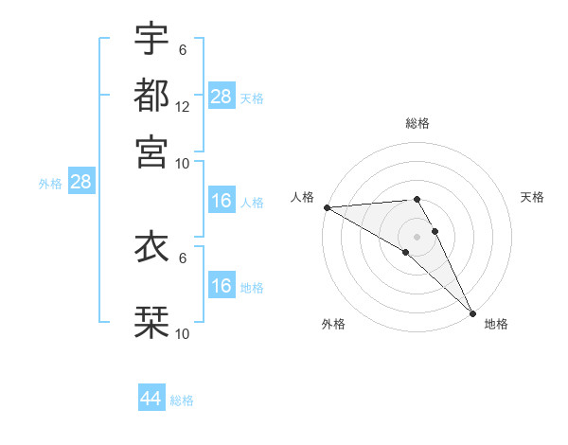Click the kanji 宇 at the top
[x=152, y=39]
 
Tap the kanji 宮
[x=152, y=151]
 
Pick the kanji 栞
[x=152, y=320]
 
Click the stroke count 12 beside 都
[x=183, y=107]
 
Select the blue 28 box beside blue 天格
[x=222, y=97]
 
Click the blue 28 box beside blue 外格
[x=80, y=182]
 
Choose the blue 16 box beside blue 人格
[x=222, y=201]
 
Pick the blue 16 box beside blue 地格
[x=222, y=286]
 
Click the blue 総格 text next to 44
[x=182, y=400]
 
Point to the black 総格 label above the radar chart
[x=417, y=123]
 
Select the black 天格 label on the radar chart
[x=532, y=197]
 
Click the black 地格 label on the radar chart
[x=496, y=324]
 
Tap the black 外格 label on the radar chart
[x=333, y=324]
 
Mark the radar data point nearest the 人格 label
[x=327, y=207]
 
